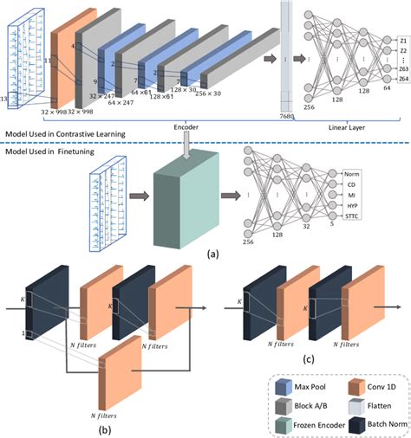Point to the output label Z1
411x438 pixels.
point(402,41)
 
